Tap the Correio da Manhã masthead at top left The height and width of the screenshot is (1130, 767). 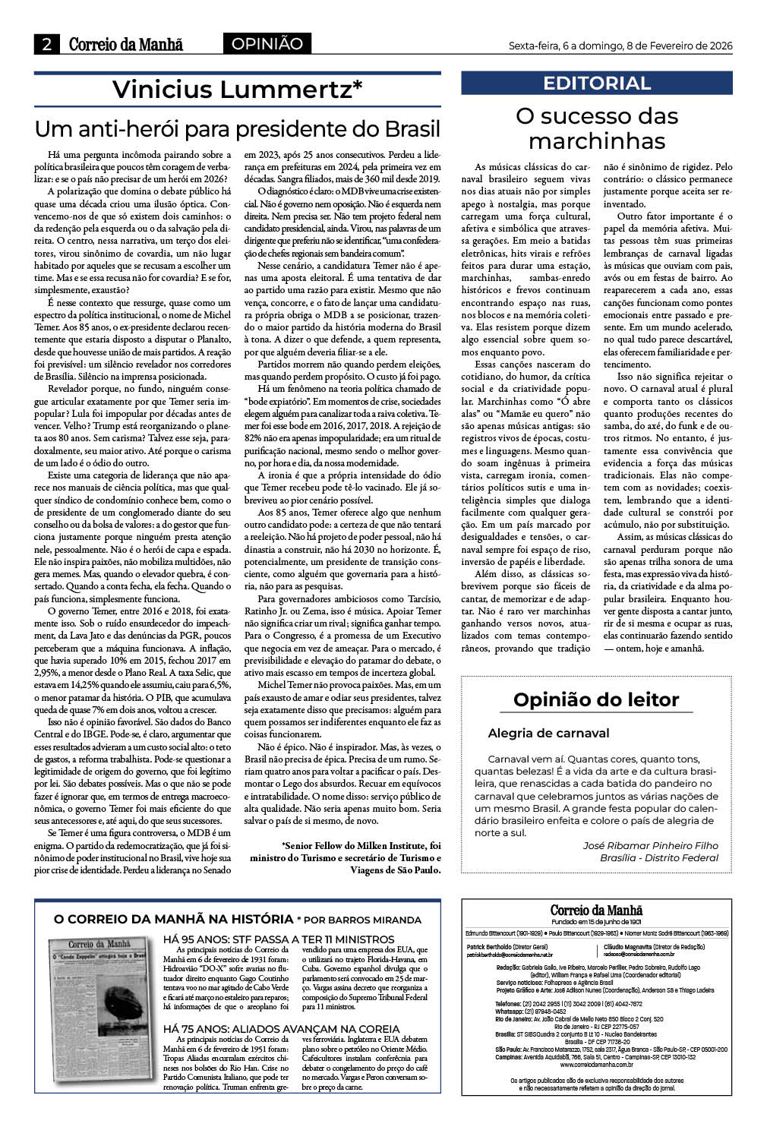pos(126,45)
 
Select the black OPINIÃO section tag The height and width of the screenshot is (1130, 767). pos(267,44)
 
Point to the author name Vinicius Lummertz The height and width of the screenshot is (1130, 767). pos(237,90)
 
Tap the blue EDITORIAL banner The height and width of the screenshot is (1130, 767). pos(597,84)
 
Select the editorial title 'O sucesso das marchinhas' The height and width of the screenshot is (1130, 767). pos(597,128)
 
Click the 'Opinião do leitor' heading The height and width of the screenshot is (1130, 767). pos(596,699)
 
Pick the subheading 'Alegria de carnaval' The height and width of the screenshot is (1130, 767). pos(548,733)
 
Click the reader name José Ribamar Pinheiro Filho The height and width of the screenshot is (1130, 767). pos(650,845)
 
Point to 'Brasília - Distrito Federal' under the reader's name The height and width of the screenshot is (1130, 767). pos(658,857)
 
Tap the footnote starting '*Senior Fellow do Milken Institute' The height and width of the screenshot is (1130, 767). pos(345,857)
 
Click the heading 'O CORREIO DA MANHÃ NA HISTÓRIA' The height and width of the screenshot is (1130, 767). pos(173,919)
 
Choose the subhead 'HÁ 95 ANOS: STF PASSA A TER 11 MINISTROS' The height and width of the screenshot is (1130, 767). pos(279,939)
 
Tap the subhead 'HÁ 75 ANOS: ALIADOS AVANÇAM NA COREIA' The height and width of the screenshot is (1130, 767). pos(282,1029)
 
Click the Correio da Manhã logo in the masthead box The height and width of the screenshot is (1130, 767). pos(597,911)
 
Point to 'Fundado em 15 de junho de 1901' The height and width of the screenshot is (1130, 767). pos(597,921)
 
